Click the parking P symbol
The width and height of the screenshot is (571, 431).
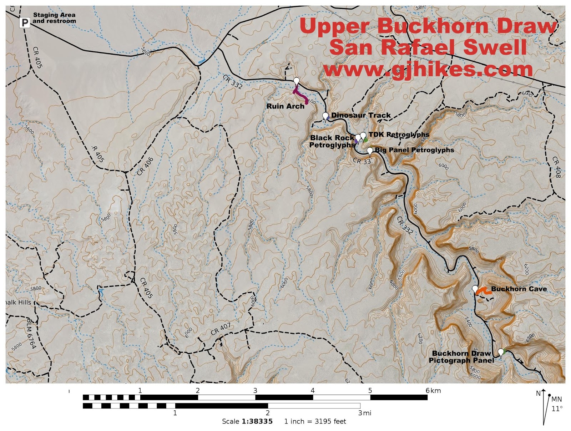(x=25, y=23)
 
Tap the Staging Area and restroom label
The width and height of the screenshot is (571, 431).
(x=54, y=18)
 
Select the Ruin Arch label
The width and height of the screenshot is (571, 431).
(x=285, y=106)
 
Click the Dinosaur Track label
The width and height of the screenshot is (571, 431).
(x=361, y=115)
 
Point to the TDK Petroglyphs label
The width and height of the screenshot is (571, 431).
(x=399, y=135)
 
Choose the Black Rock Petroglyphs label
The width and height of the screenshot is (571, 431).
(x=332, y=141)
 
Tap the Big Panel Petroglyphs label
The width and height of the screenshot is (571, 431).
(x=414, y=150)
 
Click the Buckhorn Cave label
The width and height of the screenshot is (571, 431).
(x=519, y=289)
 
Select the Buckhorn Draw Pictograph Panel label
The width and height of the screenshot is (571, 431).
(x=461, y=357)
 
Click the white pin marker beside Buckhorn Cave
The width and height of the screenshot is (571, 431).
(x=475, y=289)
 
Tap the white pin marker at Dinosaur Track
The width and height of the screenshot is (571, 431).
(x=325, y=116)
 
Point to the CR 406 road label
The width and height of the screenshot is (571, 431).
(x=145, y=166)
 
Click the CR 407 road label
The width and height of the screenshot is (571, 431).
(x=221, y=329)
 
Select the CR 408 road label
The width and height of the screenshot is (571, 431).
(x=556, y=167)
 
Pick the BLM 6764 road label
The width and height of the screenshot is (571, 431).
(x=31, y=334)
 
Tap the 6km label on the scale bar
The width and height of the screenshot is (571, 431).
(x=433, y=391)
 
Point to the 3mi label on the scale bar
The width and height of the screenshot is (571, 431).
(x=365, y=413)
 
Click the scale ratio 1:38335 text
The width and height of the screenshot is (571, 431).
(x=257, y=421)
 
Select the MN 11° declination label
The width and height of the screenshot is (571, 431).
(x=556, y=404)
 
